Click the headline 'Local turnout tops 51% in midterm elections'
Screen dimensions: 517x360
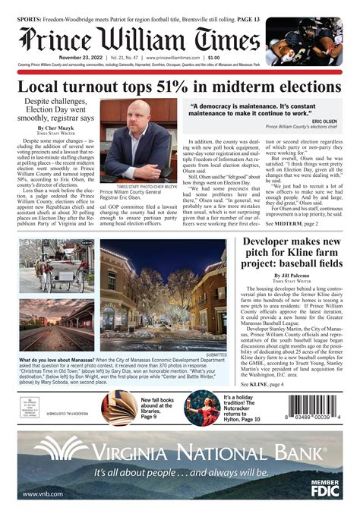click(179, 87)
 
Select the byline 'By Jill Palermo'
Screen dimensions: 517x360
click(292, 276)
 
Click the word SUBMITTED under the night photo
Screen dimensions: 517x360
click(216, 354)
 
